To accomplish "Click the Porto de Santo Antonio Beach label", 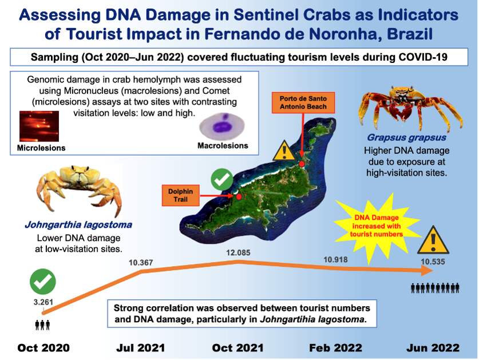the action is pyautogui.click(x=303, y=102).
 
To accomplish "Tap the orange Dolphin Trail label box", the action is pyautogui.click(x=180, y=195).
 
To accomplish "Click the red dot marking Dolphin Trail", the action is pyautogui.click(x=239, y=196).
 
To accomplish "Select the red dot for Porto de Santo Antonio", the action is pyautogui.click(x=302, y=164).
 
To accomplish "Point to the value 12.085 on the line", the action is pyautogui.click(x=238, y=253).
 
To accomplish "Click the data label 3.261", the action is pyautogui.click(x=43, y=302).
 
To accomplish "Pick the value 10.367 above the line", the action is pyautogui.click(x=141, y=263).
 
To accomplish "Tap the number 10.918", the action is pyautogui.click(x=335, y=259).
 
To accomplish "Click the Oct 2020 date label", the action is pyautogui.click(x=43, y=348).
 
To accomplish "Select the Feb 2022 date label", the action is pyautogui.click(x=335, y=348).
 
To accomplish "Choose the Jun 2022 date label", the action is pyautogui.click(x=433, y=348).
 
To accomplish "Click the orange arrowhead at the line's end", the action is pyautogui.click(x=427, y=271).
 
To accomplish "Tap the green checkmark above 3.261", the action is pyautogui.click(x=43, y=282).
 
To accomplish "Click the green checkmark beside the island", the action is pyautogui.click(x=222, y=179).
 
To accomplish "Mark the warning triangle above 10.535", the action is pyautogui.click(x=433, y=240).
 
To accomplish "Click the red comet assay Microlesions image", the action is pyautogui.click(x=39, y=126).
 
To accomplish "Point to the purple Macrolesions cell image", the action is pyautogui.click(x=222, y=126).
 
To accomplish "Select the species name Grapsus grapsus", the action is pyautogui.click(x=406, y=137).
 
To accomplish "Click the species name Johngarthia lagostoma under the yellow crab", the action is pyautogui.click(x=78, y=225).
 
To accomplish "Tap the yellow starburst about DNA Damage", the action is pyautogui.click(x=377, y=226).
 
